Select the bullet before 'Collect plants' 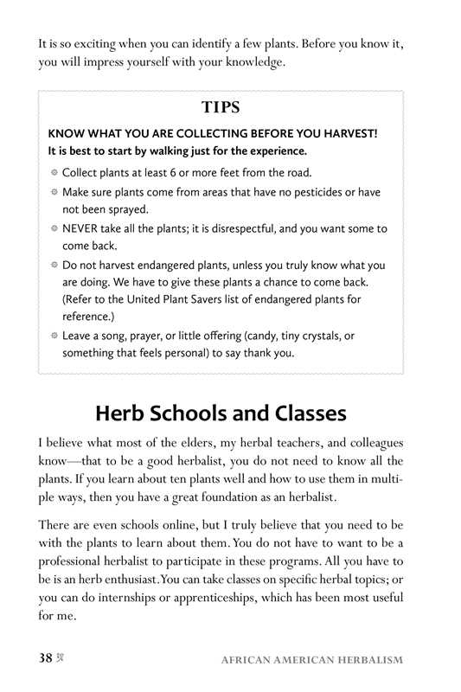[x=54, y=173]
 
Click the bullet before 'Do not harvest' [x=54, y=266]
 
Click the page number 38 [x=46, y=658]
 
